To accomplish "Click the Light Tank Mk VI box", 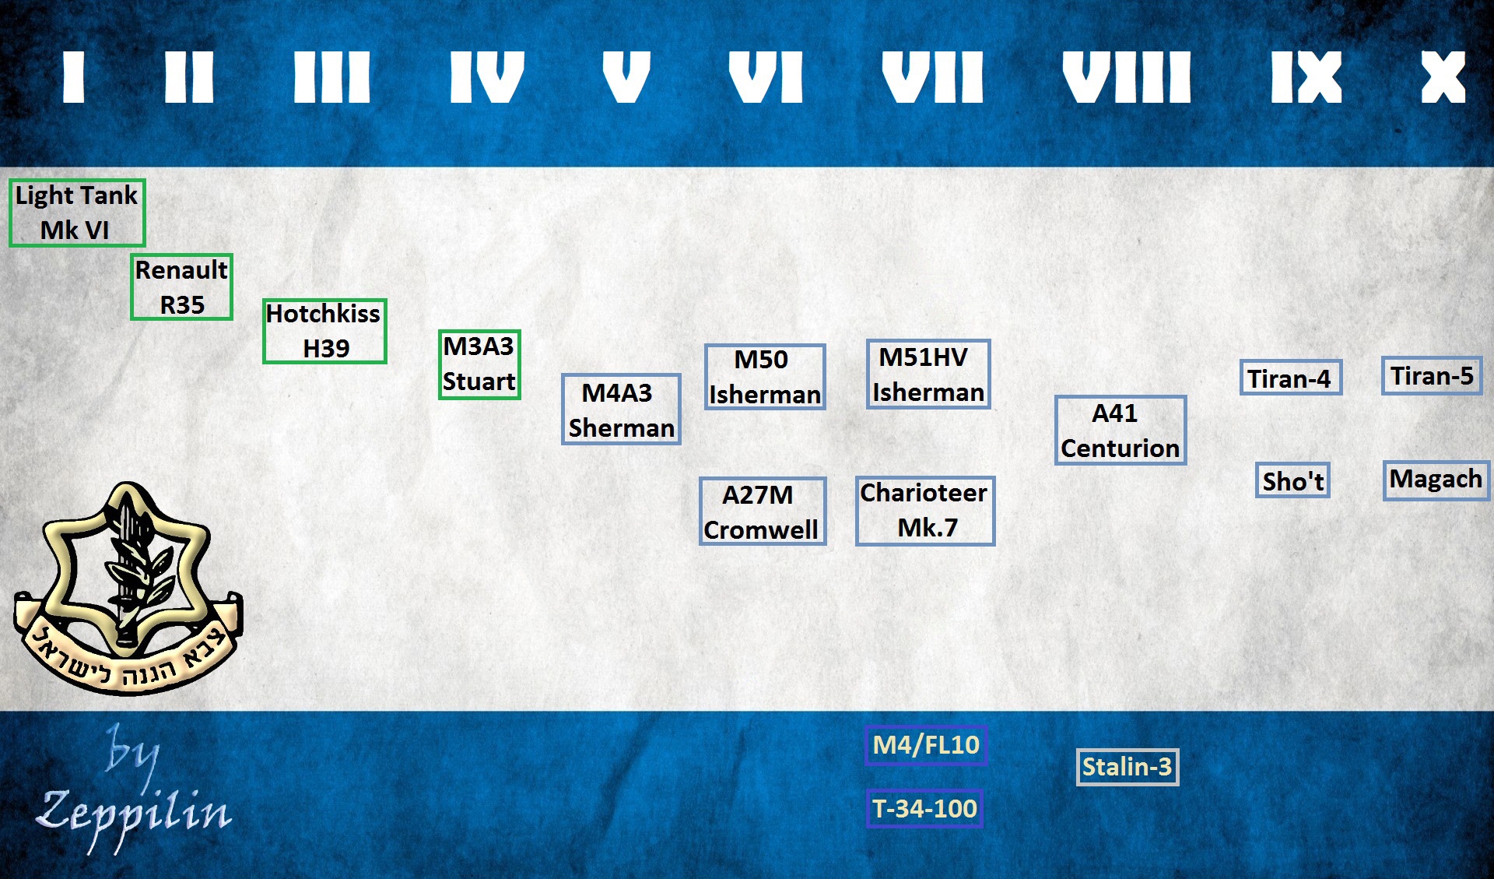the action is [77, 213].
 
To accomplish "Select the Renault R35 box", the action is [181, 287].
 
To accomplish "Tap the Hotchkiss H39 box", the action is [324, 331].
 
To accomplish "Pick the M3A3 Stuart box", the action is [479, 364].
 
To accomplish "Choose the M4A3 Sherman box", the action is [621, 410].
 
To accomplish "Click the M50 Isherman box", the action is [765, 377].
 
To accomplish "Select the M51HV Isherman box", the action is [928, 374].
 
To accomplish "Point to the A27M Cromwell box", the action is [763, 511].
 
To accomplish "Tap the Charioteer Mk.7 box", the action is [925, 511].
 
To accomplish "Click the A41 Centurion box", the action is [1120, 431].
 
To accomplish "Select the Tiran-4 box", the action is [1291, 378].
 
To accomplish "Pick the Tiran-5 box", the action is [1432, 376].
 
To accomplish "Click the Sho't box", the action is [1292, 480].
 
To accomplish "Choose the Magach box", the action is [1436, 480].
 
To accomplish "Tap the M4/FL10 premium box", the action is [926, 745].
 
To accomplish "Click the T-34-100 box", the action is [924, 809].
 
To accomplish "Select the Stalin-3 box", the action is [1128, 767].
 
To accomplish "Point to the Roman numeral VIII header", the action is [1127, 77].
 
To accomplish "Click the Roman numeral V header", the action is [626, 77].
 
